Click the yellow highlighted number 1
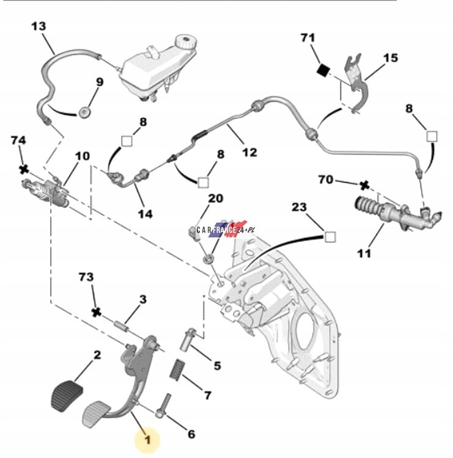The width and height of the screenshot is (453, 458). [147, 438]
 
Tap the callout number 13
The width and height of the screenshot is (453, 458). [38, 26]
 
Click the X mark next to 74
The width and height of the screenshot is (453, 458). [24, 169]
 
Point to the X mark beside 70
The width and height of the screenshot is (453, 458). [364, 185]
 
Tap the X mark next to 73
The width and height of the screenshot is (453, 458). [95, 312]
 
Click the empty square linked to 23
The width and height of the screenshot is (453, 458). [330, 237]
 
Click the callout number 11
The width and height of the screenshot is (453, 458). [364, 253]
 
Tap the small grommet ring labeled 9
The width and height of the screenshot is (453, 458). [84, 114]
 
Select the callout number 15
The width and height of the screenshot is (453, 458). [390, 58]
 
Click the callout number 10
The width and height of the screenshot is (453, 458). [81, 156]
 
